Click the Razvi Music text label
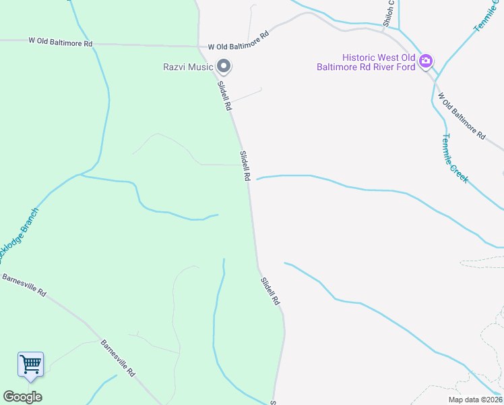click(x=187, y=66)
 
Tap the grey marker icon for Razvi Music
click(x=224, y=66)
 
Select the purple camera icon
click(x=426, y=62)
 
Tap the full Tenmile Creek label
click(x=455, y=158)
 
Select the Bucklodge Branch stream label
click(x=19, y=236)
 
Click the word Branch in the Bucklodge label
click(x=29, y=220)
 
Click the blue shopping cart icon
click(x=31, y=364)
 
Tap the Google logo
click(x=22, y=397)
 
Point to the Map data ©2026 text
click(x=475, y=400)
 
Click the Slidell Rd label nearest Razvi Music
click(x=224, y=96)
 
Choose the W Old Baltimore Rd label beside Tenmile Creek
click(x=462, y=115)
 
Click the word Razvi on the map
click(x=175, y=66)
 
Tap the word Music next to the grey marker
click(x=199, y=66)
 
